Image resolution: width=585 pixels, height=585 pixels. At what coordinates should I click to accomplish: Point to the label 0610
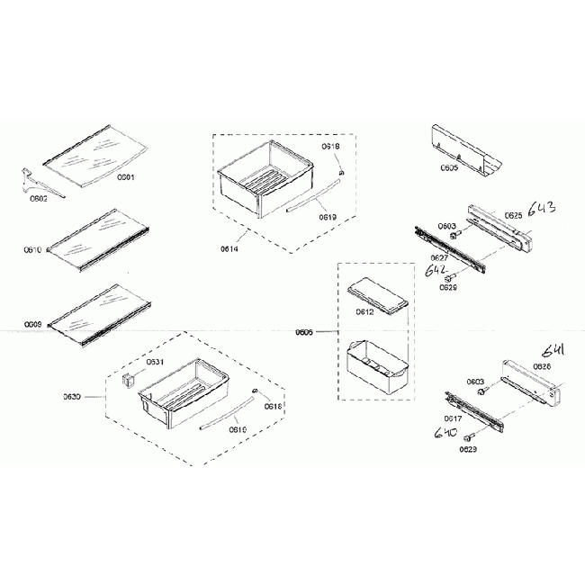(x=32, y=250)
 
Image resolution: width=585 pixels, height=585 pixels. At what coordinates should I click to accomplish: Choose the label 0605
(x=450, y=168)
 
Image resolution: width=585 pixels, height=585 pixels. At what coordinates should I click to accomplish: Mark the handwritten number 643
(x=543, y=210)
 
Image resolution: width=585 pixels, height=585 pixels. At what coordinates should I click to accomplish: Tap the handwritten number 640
(x=445, y=434)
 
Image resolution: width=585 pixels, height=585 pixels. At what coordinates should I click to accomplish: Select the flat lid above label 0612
(x=377, y=294)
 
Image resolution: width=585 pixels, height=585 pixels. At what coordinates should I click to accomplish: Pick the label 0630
(x=72, y=397)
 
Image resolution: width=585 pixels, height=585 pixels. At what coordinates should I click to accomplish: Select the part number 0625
(x=513, y=215)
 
